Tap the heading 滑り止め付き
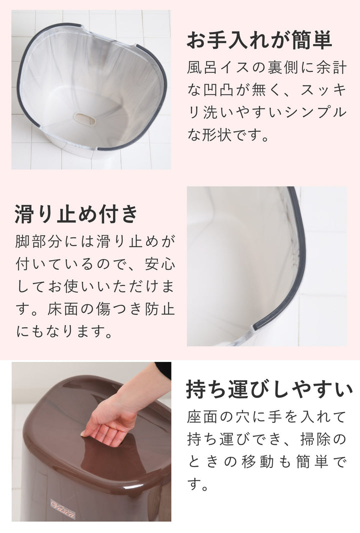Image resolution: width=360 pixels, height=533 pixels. click(x=76, y=213)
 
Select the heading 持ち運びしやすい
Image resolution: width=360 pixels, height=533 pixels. click(x=269, y=389)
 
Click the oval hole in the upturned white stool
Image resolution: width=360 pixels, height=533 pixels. click(x=84, y=118)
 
